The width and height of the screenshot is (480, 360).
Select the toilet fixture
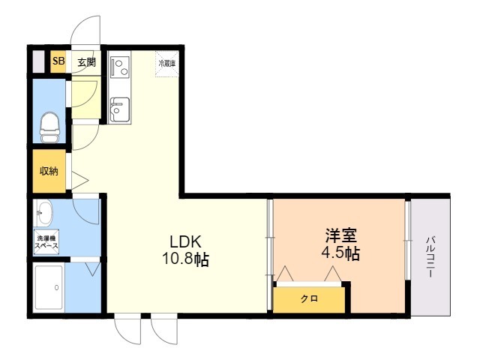[x=50, y=127]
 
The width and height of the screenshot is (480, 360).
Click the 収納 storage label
[x=49, y=171]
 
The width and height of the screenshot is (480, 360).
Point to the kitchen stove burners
[x=119, y=66]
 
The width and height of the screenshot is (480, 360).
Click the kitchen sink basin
[x=118, y=112]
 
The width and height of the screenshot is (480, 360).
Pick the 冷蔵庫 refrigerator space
[x=166, y=64]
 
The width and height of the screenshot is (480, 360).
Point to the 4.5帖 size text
[x=340, y=253]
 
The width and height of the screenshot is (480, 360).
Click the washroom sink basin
[x=44, y=214]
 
